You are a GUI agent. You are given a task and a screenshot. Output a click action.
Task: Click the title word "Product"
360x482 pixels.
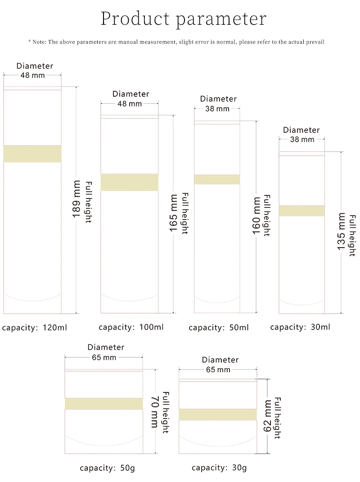click(x=135, y=19)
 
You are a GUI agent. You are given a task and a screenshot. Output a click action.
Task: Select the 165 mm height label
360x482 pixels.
click(x=174, y=213)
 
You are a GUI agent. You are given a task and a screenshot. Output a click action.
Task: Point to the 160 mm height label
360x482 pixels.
click(x=256, y=216)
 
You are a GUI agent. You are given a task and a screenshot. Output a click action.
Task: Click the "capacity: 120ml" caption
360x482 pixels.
click(x=34, y=328)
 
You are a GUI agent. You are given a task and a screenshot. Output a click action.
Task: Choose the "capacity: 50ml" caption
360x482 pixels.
click(x=219, y=328)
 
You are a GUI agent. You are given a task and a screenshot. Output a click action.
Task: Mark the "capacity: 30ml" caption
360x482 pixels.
click(x=300, y=327)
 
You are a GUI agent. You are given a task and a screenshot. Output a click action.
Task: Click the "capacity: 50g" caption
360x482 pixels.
click(x=107, y=468)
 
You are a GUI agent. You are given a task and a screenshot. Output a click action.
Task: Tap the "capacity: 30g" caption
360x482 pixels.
click(x=219, y=468)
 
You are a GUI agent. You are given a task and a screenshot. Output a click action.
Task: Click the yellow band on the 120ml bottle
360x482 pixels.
click(x=32, y=154)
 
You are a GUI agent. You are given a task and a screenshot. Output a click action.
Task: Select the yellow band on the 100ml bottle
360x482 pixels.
click(x=130, y=182)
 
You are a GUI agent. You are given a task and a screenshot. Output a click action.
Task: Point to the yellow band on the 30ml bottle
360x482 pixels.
click(x=301, y=211)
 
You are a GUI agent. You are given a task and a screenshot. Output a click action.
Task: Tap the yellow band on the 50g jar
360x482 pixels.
click(x=104, y=404)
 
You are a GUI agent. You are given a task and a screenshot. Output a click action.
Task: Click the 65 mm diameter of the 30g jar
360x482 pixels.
click(x=218, y=370)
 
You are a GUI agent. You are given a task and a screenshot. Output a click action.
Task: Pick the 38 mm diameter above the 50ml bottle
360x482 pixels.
click(x=217, y=109)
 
